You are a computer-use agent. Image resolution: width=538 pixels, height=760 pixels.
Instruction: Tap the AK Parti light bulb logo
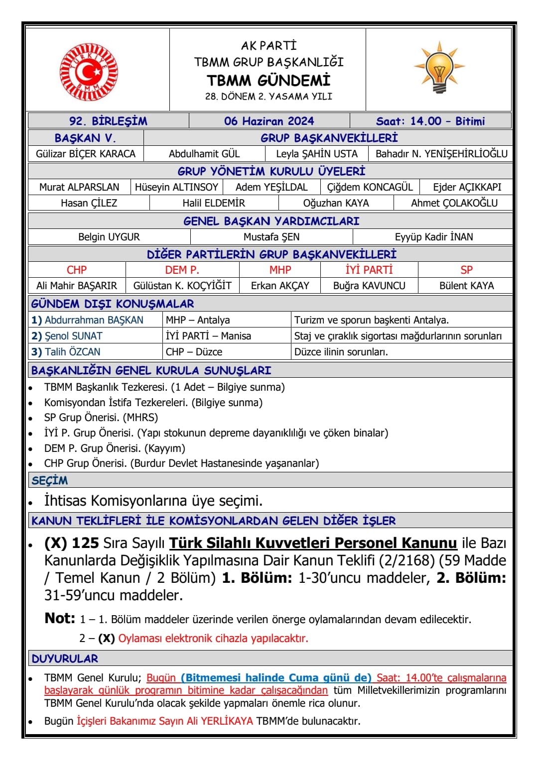(439, 68)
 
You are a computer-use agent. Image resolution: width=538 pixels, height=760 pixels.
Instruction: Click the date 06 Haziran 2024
(269, 121)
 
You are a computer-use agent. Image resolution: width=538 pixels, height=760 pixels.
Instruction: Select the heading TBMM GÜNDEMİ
(269, 80)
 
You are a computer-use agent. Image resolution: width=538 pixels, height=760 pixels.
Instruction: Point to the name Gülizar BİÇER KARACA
(86, 154)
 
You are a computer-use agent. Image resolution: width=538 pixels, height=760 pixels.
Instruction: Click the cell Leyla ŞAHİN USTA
(317, 154)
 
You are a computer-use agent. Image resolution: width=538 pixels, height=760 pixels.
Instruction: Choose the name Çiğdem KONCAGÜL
(370, 187)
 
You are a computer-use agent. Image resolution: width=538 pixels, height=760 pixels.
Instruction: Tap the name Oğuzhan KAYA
(336, 203)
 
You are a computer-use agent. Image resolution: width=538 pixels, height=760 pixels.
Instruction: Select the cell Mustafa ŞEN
(271, 237)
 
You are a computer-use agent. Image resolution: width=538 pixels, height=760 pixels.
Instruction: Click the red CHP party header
(77, 270)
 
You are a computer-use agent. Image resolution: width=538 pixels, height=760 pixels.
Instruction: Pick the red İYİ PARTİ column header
(369, 270)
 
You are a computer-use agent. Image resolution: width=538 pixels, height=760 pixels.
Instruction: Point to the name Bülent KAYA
(466, 286)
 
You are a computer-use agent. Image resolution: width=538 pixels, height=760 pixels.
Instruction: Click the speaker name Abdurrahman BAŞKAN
(94, 320)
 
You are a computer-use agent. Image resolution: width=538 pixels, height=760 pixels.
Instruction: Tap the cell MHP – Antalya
(198, 320)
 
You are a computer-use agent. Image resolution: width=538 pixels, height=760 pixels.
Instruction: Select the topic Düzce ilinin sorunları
(341, 352)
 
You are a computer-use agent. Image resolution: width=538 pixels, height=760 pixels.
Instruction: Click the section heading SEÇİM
(50, 480)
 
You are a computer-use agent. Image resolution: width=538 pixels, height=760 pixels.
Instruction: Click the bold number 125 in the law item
(86, 543)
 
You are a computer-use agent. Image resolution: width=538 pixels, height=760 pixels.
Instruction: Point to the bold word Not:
(60, 618)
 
